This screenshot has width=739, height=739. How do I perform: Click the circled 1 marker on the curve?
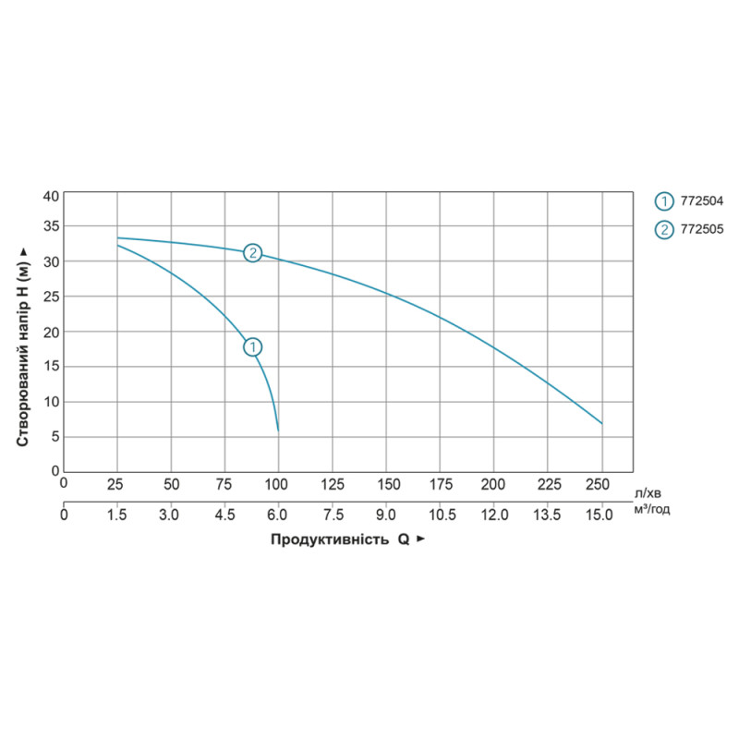click(252, 347)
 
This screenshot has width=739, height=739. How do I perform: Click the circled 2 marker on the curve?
click(252, 253)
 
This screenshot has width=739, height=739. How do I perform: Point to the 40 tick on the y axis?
click(51, 196)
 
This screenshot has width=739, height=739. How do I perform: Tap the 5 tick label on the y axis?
click(55, 436)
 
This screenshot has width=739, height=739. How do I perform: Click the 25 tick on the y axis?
click(51, 297)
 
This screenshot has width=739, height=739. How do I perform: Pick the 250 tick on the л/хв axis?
click(599, 484)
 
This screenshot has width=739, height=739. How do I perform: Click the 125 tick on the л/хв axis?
click(332, 484)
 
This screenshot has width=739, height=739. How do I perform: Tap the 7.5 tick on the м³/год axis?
click(332, 514)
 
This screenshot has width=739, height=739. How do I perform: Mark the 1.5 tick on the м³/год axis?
click(116, 514)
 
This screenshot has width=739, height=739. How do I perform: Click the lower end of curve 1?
click(278, 430)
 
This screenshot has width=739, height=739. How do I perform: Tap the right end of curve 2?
click(601, 423)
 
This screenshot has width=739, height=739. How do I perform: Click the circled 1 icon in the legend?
click(663, 201)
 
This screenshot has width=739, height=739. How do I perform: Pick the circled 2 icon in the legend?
click(663, 230)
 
